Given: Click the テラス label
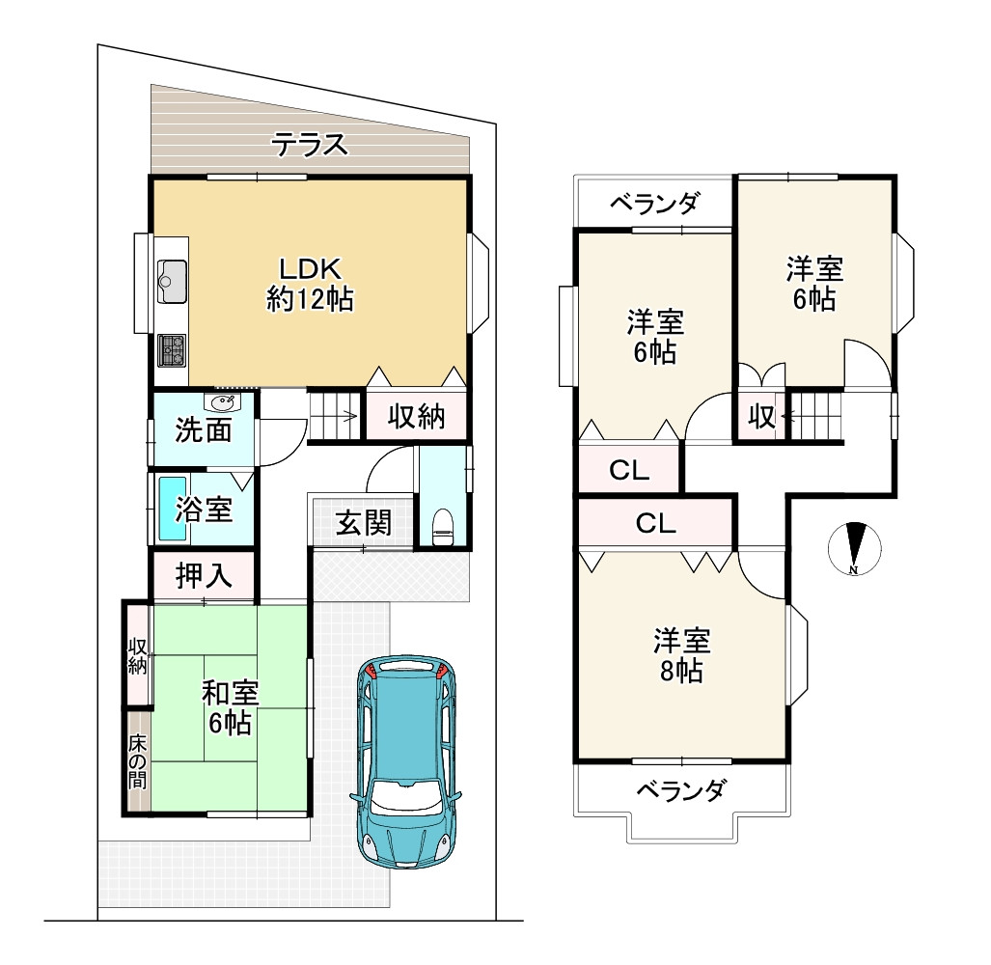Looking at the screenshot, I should [309, 147].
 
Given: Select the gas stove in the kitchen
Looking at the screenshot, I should [173, 349].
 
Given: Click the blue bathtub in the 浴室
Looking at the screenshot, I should [172, 510].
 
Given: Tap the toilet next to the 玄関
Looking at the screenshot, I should [442, 527].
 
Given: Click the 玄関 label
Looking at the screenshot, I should [364, 524].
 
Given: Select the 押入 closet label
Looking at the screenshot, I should [205, 577].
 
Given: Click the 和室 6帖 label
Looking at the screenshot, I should [230, 706].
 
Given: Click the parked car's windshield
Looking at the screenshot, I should [405, 795].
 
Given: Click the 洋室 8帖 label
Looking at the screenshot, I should [681, 655].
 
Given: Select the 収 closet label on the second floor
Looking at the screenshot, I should [761, 417].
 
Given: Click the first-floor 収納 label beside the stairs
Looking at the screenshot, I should [416, 417].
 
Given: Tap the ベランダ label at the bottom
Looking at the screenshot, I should [680, 792].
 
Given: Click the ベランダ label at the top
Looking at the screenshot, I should [655, 204].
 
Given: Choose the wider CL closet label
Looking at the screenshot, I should [655, 524].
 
